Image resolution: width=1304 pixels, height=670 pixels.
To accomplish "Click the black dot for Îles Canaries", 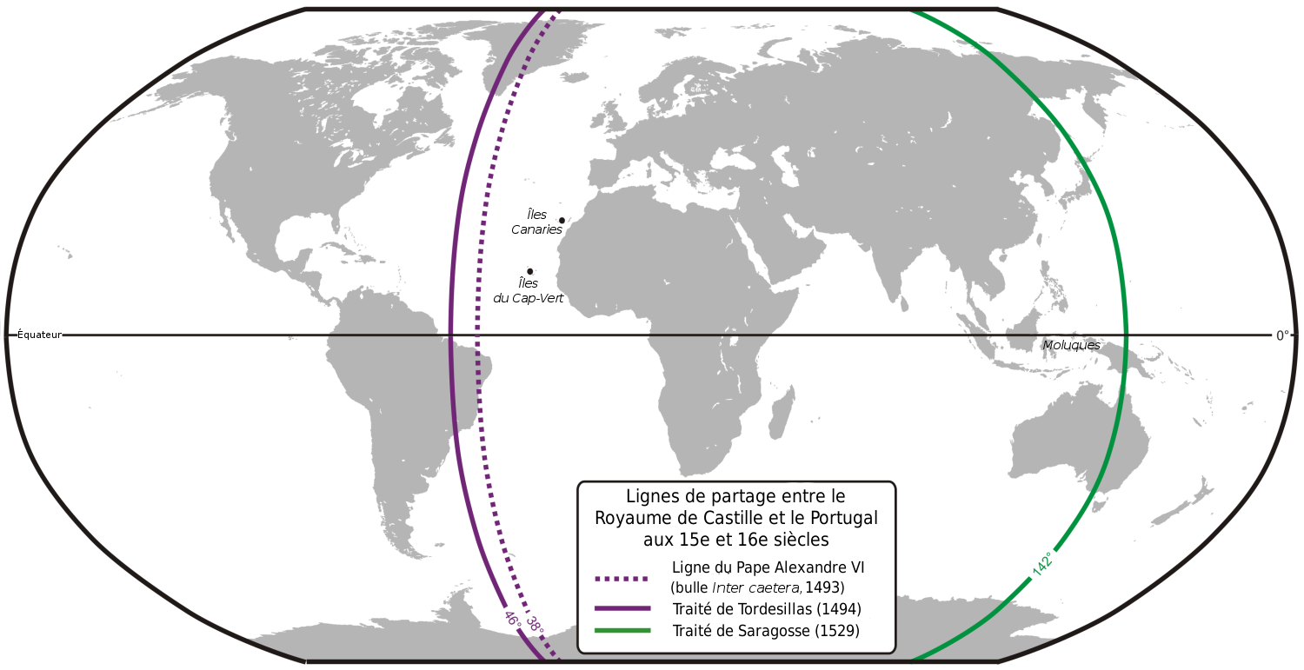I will [x=562, y=221].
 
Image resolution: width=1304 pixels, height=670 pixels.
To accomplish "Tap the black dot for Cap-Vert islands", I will [x=529, y=271].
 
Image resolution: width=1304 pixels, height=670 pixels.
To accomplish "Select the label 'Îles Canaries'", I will [x=536, y=222].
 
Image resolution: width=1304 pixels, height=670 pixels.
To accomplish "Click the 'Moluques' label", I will [x=1071, y=345].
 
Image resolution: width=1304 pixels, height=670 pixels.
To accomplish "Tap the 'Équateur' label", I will [x=40, y=335].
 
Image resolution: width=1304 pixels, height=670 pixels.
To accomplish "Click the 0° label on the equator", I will [x=1282, y=335].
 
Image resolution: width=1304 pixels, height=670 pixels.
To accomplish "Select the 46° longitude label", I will [x=512, y=620].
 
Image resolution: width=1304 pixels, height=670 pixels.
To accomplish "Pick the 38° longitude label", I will [x=534, y=624].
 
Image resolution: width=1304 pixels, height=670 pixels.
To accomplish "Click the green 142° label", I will [x=1042, y=563].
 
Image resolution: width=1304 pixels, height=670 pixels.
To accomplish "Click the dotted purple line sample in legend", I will [x=622, y=578].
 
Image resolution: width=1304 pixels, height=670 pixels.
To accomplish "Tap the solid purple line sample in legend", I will [x=622, y=608].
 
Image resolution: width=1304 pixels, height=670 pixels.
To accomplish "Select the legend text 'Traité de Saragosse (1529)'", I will [x=765, y=631].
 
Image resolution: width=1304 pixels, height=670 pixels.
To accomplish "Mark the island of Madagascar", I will [x=782, y=415].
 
